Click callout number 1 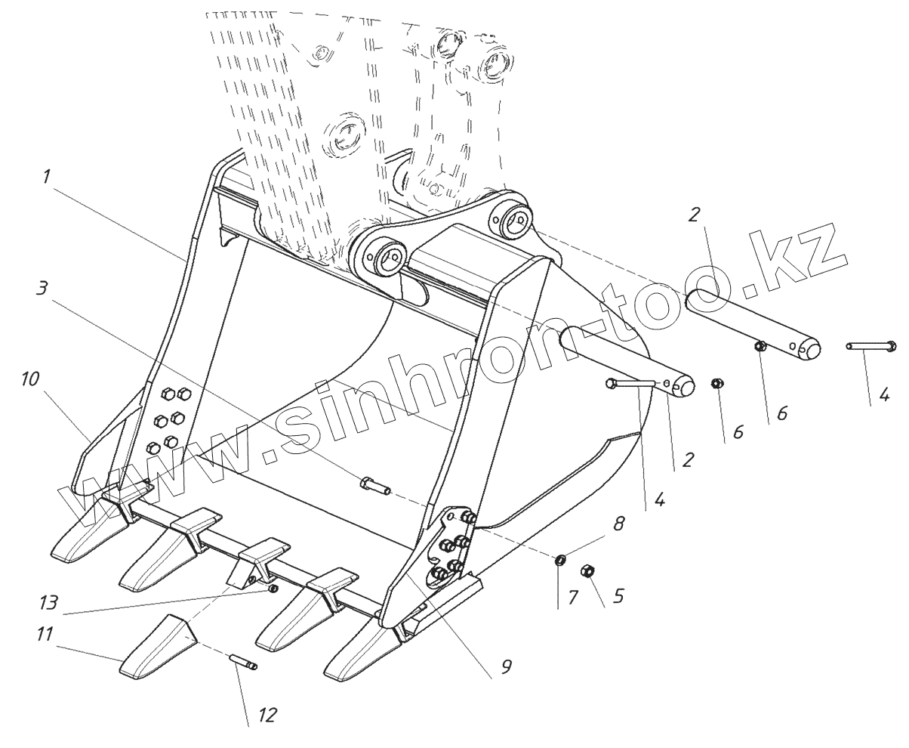tap(47, 178)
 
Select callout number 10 tap(30, 379)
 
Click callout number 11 tap(45, 634)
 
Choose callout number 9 tap(506, 666)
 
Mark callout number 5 tap(618, 596)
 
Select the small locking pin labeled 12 tap(243, 663)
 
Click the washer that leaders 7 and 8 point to tap(560, 560)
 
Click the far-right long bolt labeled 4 tap(870, 346)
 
